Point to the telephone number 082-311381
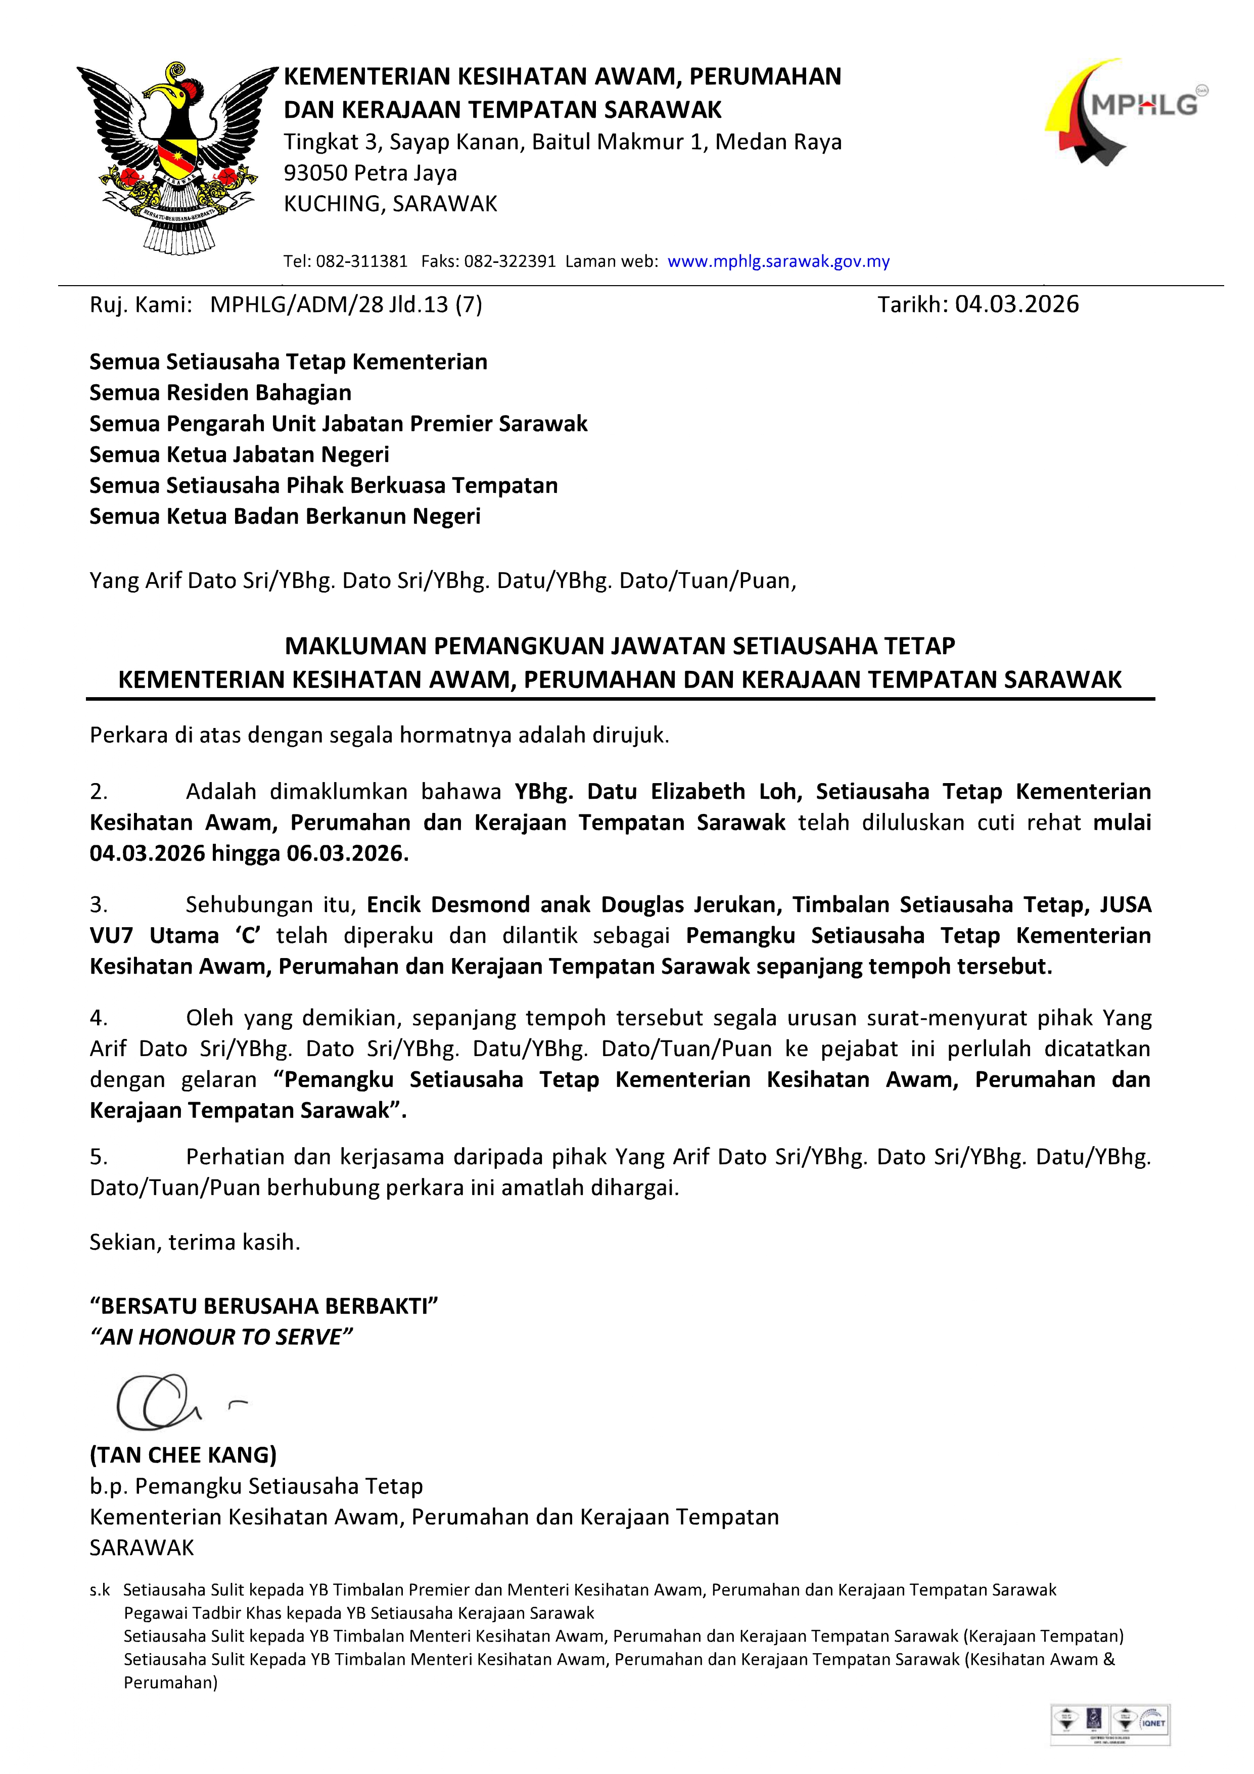361,261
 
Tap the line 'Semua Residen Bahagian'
220,392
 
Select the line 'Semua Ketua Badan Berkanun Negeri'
285,516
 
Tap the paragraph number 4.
98,1018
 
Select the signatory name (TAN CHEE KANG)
183,1455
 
